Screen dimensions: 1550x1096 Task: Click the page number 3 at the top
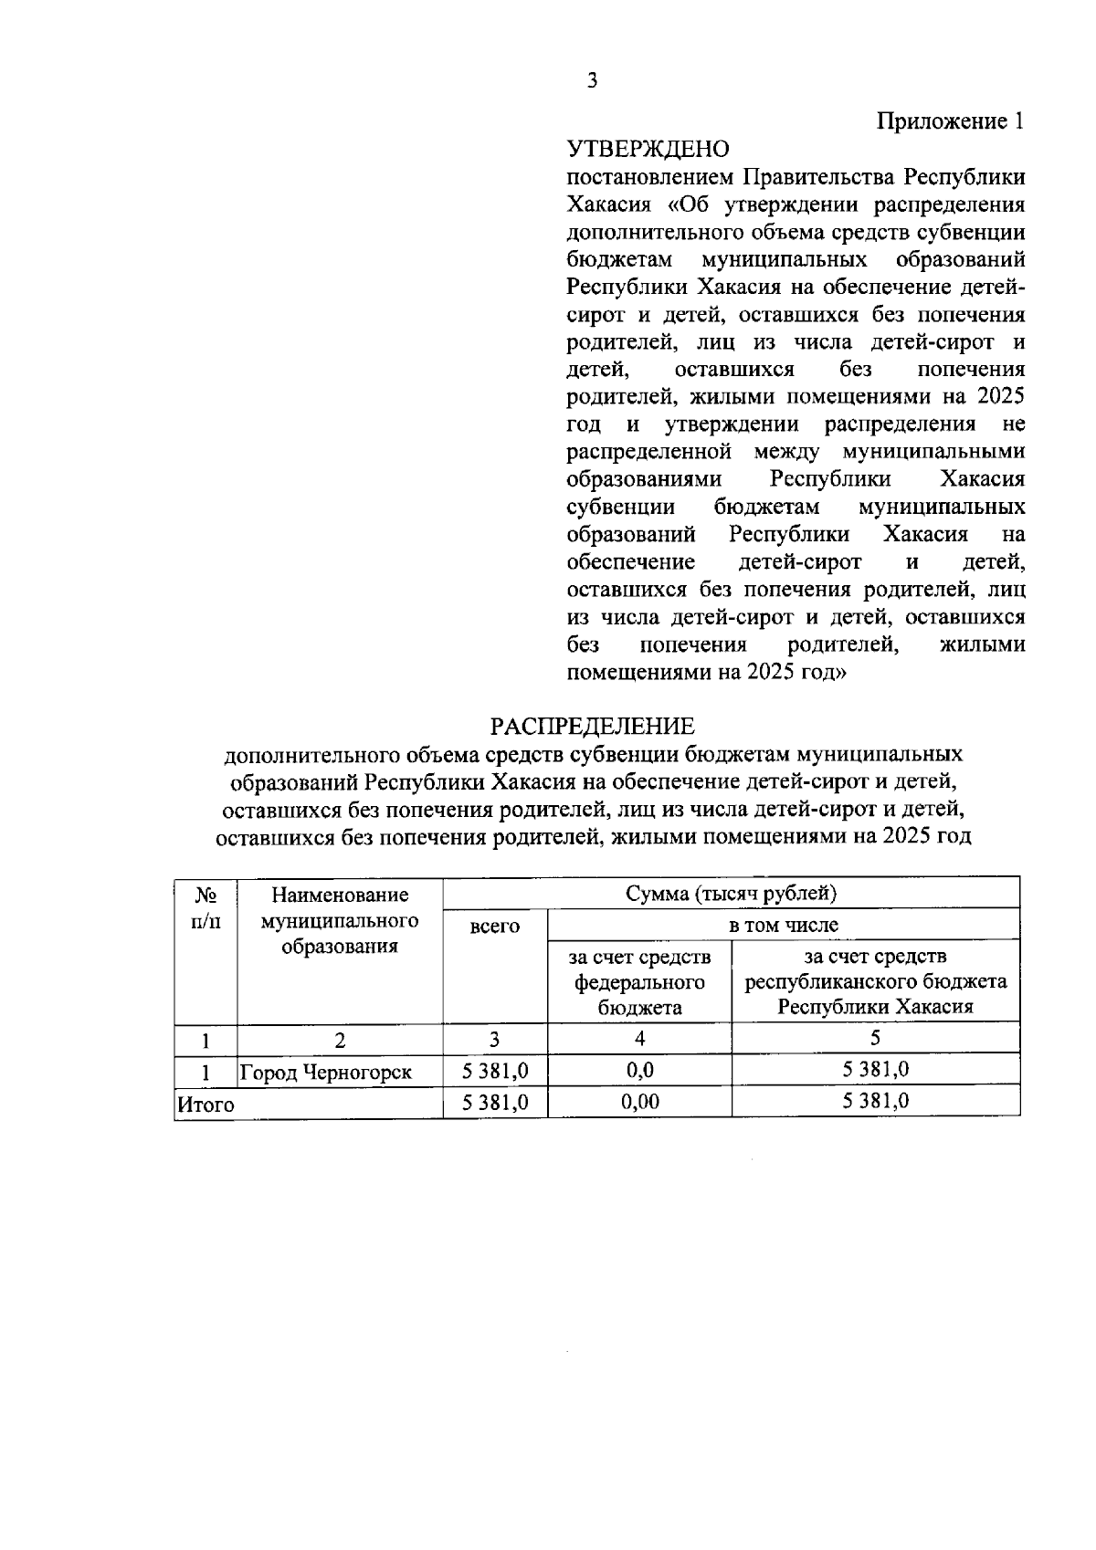pyautogui.click(x=592, y=81)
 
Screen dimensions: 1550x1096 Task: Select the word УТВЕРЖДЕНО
pyautogui.click(x=648, y=149)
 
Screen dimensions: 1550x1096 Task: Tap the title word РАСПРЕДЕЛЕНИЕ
pyautogui.click(x=592, y=727)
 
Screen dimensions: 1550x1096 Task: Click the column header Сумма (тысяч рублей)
pyautogui.click(x=731, y=893)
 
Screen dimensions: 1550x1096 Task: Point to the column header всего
pyautogui.click(x=494, y=927)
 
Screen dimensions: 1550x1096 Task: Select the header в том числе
pyautogui.click(x=783, y=925)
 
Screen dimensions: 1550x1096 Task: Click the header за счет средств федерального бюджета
pyautogui.click(x=639, y=981)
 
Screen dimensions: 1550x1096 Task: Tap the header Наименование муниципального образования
pyautogui.click(x=339, y=920)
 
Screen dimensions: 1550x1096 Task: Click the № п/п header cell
pyautogui.click(x=205, y=907)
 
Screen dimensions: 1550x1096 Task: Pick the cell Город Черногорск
pyautogui.click(x=325, y=1073)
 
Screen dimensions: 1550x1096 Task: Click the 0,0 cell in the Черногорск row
pyautogui.click(x=639, y=1070)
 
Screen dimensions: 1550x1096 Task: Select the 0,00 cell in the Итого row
pyautogui.click(x=639, y=1102)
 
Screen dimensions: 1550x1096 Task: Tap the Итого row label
pyautogui.click(x=206, y=1105)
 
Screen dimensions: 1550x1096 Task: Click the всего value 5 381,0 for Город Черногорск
pyautogui.click(x=495, y=1070)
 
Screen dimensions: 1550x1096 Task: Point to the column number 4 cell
pyautogui.click(x=639, y=1039)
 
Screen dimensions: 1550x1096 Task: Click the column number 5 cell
pyautogui.click(x=875, y=1038)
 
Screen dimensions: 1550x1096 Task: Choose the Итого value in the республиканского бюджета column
pyautogui.click(x=875, y=1101)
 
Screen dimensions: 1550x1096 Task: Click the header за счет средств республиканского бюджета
pyautogui.click(x=875, y=981)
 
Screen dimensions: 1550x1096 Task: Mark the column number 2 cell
pyautogui.click(x=340, y=1040)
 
